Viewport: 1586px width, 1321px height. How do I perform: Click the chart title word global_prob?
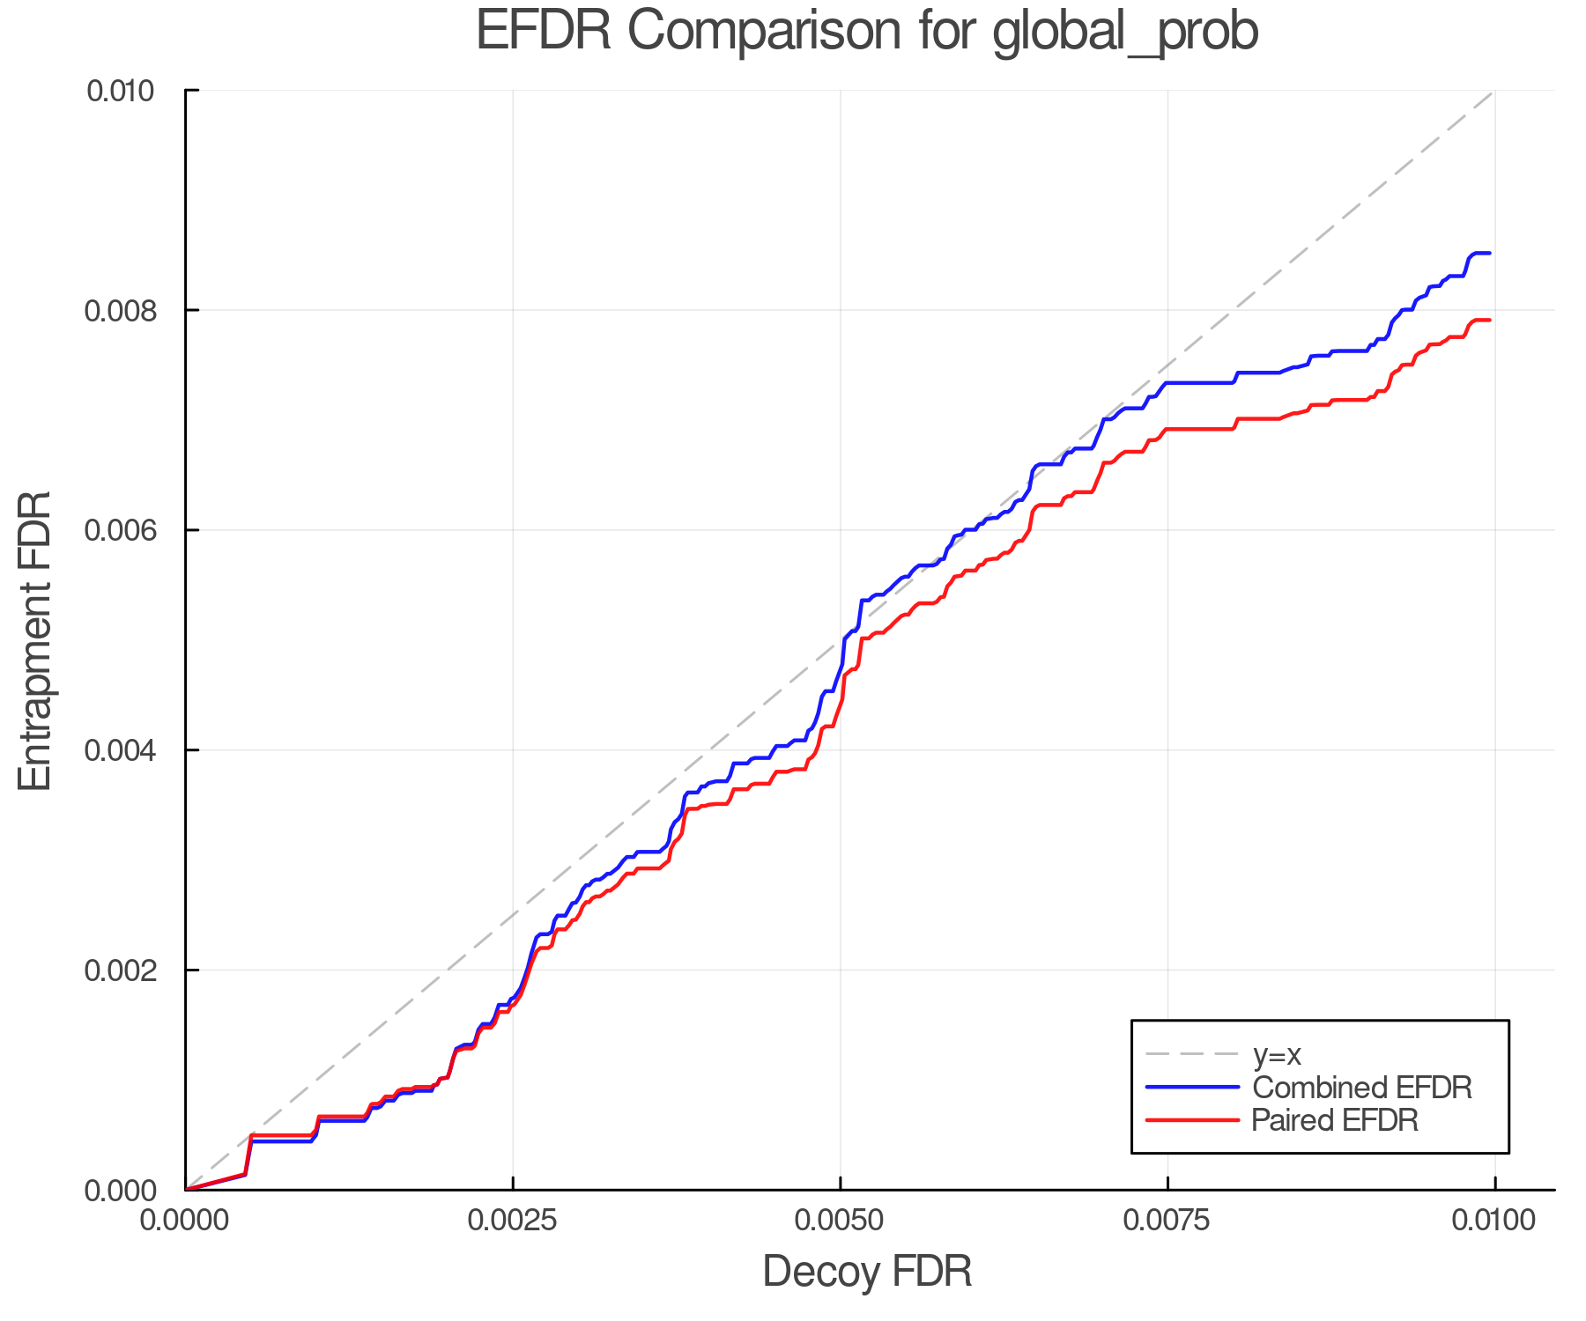point(1125,32)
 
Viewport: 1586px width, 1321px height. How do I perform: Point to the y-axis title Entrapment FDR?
point(35,640)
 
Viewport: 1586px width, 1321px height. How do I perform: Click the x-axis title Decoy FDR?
point(867,1271)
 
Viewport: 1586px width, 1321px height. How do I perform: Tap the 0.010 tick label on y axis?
point(120,91)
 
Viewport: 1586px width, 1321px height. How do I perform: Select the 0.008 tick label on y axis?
point(120,311)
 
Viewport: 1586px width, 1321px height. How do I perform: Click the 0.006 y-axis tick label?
point(120,530)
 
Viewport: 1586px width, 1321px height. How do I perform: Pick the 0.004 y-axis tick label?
point(120,750)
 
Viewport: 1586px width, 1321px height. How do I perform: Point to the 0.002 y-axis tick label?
point(120,970)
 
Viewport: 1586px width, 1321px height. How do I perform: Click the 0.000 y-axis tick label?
point(120,1191)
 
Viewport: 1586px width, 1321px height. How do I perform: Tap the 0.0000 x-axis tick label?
point(185,1221)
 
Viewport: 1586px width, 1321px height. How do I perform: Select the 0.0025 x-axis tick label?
point(513,1221)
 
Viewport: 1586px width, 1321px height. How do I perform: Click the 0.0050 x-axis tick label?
point(841,1221)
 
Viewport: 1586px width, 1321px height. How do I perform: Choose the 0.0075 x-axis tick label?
point(1167,1221)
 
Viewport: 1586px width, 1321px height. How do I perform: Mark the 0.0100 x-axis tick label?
point(1494,1221)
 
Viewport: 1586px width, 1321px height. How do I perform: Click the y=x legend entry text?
point(1277,1054)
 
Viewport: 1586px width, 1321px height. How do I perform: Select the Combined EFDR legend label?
point(1361,1088)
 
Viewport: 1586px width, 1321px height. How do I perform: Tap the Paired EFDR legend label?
point(1335,1120)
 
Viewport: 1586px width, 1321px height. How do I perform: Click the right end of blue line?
point(1490,254)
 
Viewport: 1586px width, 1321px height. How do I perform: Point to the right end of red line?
point(1490,321)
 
